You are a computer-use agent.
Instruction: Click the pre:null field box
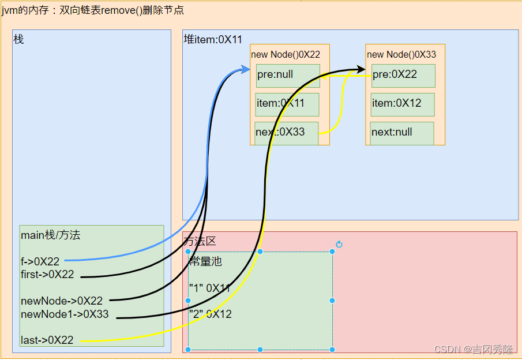tap(288, 76)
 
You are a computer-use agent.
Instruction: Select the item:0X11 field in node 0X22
tap(287, 104)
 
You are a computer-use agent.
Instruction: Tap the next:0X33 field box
tap(287, 133)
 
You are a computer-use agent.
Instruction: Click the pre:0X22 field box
tap(403, 75)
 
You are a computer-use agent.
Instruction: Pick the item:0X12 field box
tap(403, 104)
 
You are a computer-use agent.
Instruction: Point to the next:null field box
tap(402, 133)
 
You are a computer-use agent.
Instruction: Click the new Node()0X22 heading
tap(286, 54)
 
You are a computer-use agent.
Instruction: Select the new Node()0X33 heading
tap(401, 54)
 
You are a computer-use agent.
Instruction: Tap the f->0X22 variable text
tap(40, 262)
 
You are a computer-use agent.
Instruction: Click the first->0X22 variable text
tap(47, 275)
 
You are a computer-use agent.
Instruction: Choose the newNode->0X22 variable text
tap(62, 301)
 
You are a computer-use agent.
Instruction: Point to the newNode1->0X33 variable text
tap(65, 314)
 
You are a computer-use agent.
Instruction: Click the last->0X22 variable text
tap(47, 340)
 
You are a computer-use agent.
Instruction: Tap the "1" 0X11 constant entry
tap(210, 288)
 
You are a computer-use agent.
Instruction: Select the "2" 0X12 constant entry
tap(210, 314)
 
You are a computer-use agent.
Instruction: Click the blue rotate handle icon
tap(339, 245)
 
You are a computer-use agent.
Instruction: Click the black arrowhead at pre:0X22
tap(361, 70)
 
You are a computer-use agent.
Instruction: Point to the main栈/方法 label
tap(51, 235)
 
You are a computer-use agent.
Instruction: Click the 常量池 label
tap(206, 261)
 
